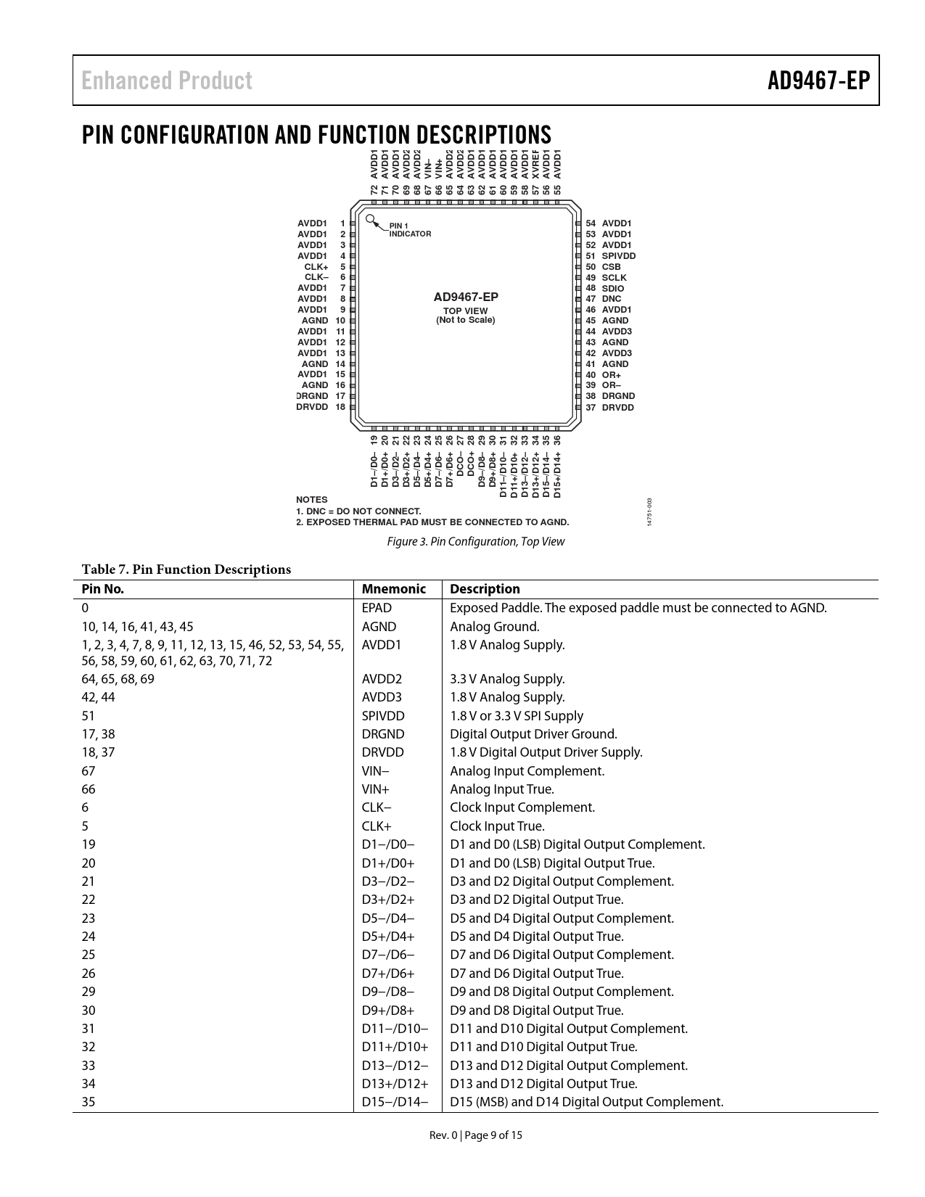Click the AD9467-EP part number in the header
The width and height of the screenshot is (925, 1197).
[818, 81]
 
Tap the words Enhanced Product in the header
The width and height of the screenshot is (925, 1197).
[167, 81]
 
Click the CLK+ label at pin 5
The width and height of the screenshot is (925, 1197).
[316, 267]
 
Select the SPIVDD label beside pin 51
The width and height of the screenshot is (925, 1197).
[618, 256]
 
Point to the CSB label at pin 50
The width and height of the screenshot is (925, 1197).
[611, 267]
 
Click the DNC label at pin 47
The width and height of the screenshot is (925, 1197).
[611, 299]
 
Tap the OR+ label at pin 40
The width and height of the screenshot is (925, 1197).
[611, 375]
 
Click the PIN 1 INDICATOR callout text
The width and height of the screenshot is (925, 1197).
[410, 230]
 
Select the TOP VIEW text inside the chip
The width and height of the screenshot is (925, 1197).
[466, 310]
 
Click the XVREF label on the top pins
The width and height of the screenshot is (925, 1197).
[536, 164]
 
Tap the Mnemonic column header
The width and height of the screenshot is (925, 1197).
[393, 589]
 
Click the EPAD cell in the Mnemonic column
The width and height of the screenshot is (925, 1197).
[377, 608]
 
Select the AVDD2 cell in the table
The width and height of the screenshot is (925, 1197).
[382, 679]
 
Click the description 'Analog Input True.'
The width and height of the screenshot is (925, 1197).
[502, 789]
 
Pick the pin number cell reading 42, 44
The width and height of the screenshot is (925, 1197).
[98, 697]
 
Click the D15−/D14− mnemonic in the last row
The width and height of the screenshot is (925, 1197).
[395, 1102]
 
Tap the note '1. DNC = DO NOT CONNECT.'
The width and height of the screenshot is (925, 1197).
[358, 511]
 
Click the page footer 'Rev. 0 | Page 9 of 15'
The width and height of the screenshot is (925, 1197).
[475, 1135]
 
